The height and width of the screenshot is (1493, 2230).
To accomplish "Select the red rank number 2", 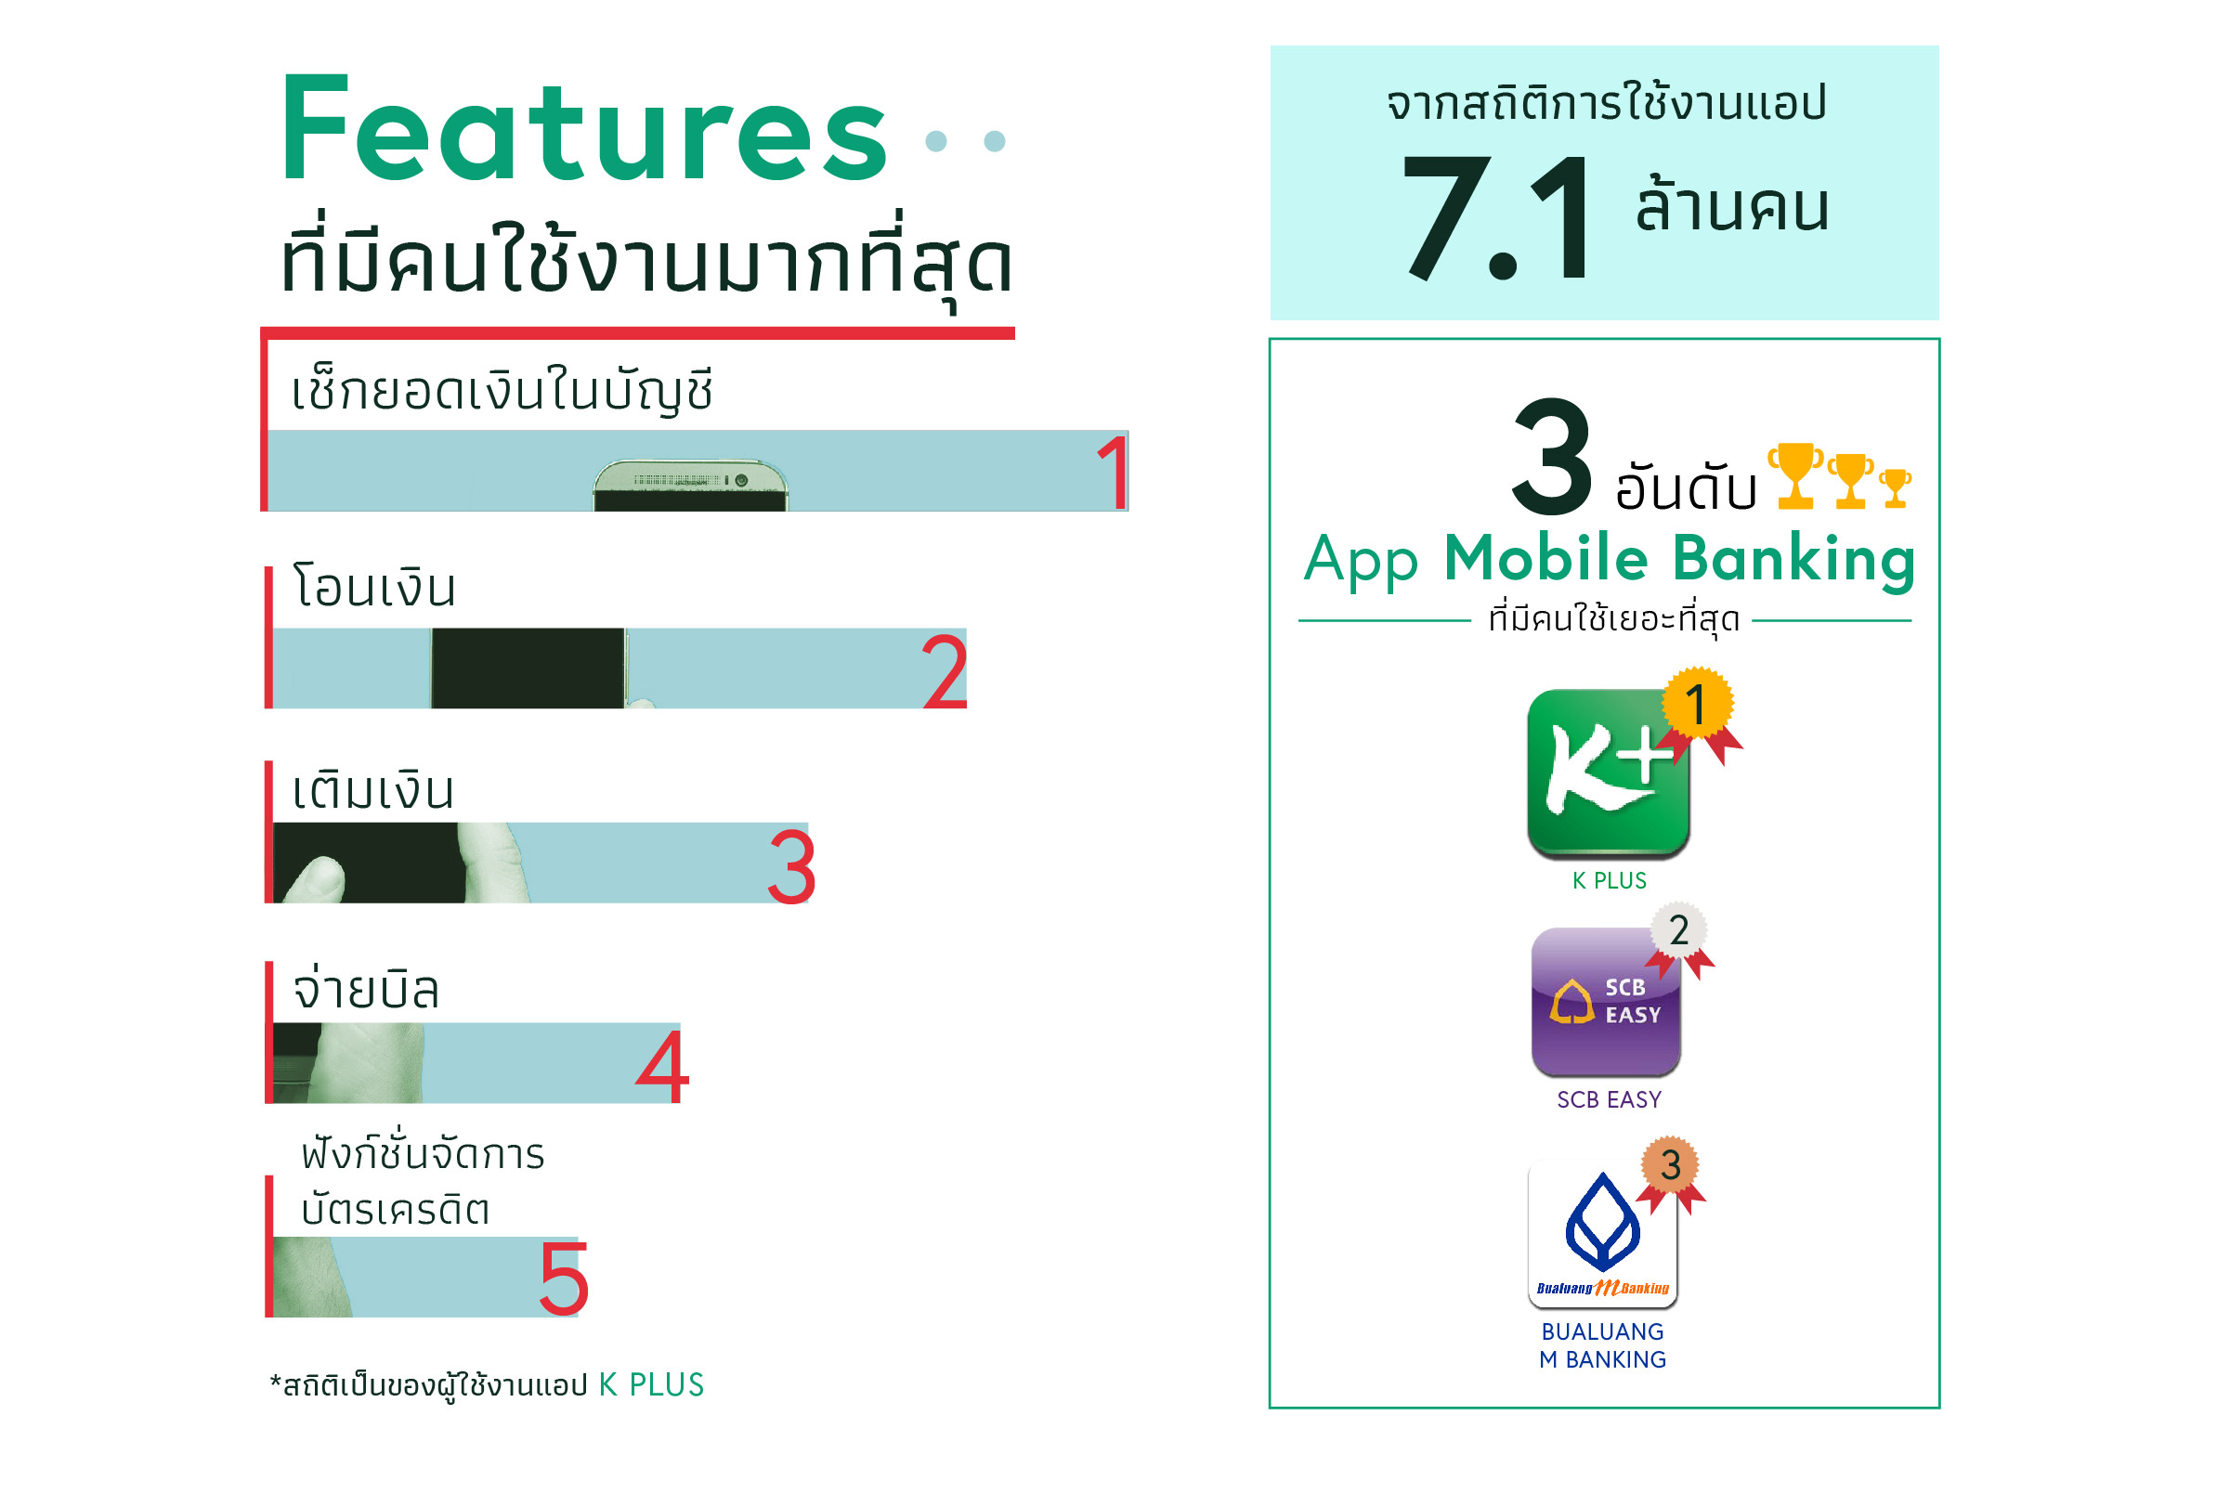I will coord(945,671).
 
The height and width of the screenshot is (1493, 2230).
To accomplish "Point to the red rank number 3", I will coord(791,866).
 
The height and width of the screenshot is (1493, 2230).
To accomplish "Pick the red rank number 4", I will coord(662,1067).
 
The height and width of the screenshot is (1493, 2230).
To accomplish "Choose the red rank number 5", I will coord(564,1279).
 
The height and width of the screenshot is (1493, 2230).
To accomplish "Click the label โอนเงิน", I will coord(374,587).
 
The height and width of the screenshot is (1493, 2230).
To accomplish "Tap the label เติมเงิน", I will coord(373,790).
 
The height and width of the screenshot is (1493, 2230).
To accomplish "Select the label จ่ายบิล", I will coord(366,991).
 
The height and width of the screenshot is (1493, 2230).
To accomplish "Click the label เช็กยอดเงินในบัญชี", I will coord(501,391).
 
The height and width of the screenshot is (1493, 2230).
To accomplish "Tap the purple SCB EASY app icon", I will coord(1605,1002).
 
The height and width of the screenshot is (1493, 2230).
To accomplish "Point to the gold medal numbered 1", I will coord(1698,706).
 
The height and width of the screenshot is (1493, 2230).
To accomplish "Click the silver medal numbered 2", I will coord(1678,930).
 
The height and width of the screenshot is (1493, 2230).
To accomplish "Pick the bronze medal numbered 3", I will coord(1670,1165).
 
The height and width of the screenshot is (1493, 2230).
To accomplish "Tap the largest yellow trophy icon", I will coord(1794,474).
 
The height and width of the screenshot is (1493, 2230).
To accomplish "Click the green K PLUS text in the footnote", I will coord(651,1384).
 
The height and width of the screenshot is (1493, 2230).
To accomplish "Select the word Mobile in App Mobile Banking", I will coord(1545,558).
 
